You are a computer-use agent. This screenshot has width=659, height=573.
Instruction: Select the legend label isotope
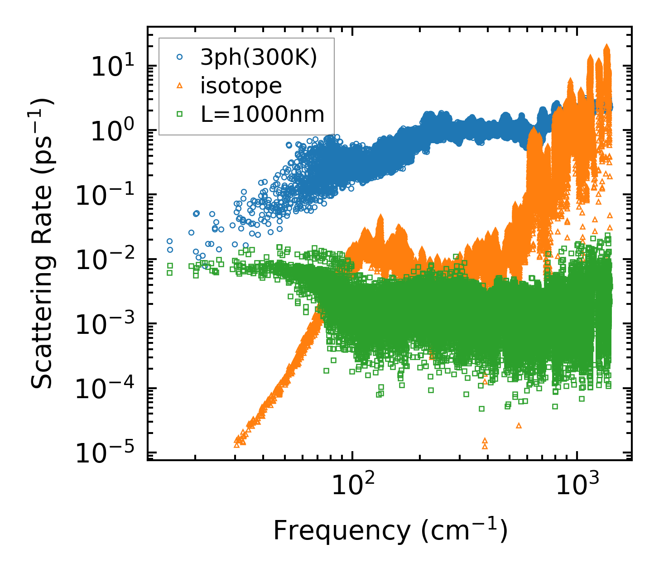[241, 86]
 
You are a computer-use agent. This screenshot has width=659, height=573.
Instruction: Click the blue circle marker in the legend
[180, 58]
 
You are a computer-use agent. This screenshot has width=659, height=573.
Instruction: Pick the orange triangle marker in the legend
[180, 86]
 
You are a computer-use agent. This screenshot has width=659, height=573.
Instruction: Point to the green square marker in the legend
[180, 114]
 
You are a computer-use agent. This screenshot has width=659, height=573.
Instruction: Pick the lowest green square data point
[481, 409]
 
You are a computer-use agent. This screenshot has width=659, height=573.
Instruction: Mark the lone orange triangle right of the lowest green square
[519, 425]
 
